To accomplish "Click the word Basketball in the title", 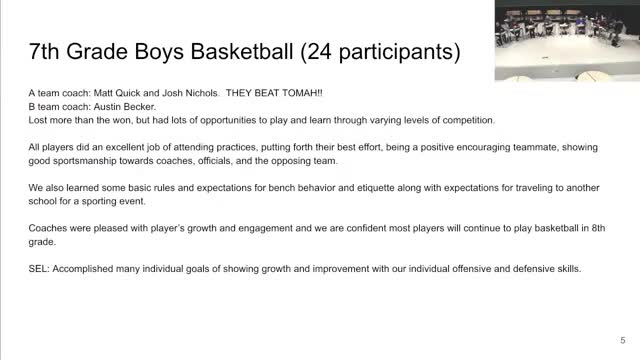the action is click(242, 51).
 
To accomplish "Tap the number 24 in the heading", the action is click(319, 51).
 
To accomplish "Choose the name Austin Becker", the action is click(124, 107).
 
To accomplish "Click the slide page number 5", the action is click(622, 340).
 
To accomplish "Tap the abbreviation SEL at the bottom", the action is click(39, 269).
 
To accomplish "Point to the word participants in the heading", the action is click(396, 52).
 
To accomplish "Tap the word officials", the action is click(215, 161).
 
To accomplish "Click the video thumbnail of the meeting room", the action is click(567, 40).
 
